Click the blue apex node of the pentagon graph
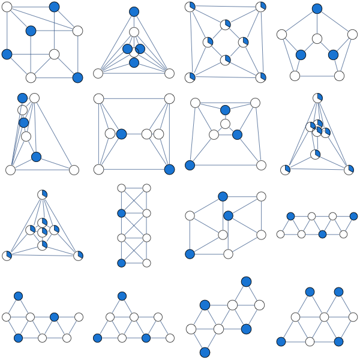(x=317, y=8)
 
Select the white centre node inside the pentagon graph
(x=317, y=39)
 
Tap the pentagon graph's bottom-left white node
(x=295, y=76)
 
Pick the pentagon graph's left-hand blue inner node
(x=301, y=55)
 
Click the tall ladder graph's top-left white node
(x=121, y=188)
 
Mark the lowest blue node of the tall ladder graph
(x=121, y=263)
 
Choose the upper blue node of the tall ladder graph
(x=121, y=213)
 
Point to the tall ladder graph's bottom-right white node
(x=146, y=263)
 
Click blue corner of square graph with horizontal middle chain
(x=169, y=169)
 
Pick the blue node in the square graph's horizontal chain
(x=121, y=134)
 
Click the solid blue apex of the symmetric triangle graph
(x=134, y=11)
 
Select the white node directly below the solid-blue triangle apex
(x=134, y=32)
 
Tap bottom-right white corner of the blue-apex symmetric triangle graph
(x=169, y=73)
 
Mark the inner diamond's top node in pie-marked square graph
(x=225, y=25)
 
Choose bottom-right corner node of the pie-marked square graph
(x=260, y=77)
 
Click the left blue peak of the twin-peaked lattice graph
(x=310, y=292)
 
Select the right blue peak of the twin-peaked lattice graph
(x=338, y=292)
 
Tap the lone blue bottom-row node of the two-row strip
(x=322, y=234)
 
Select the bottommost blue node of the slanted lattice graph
(x=205, y=352)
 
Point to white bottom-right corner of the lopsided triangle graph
(x=74, y=170)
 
